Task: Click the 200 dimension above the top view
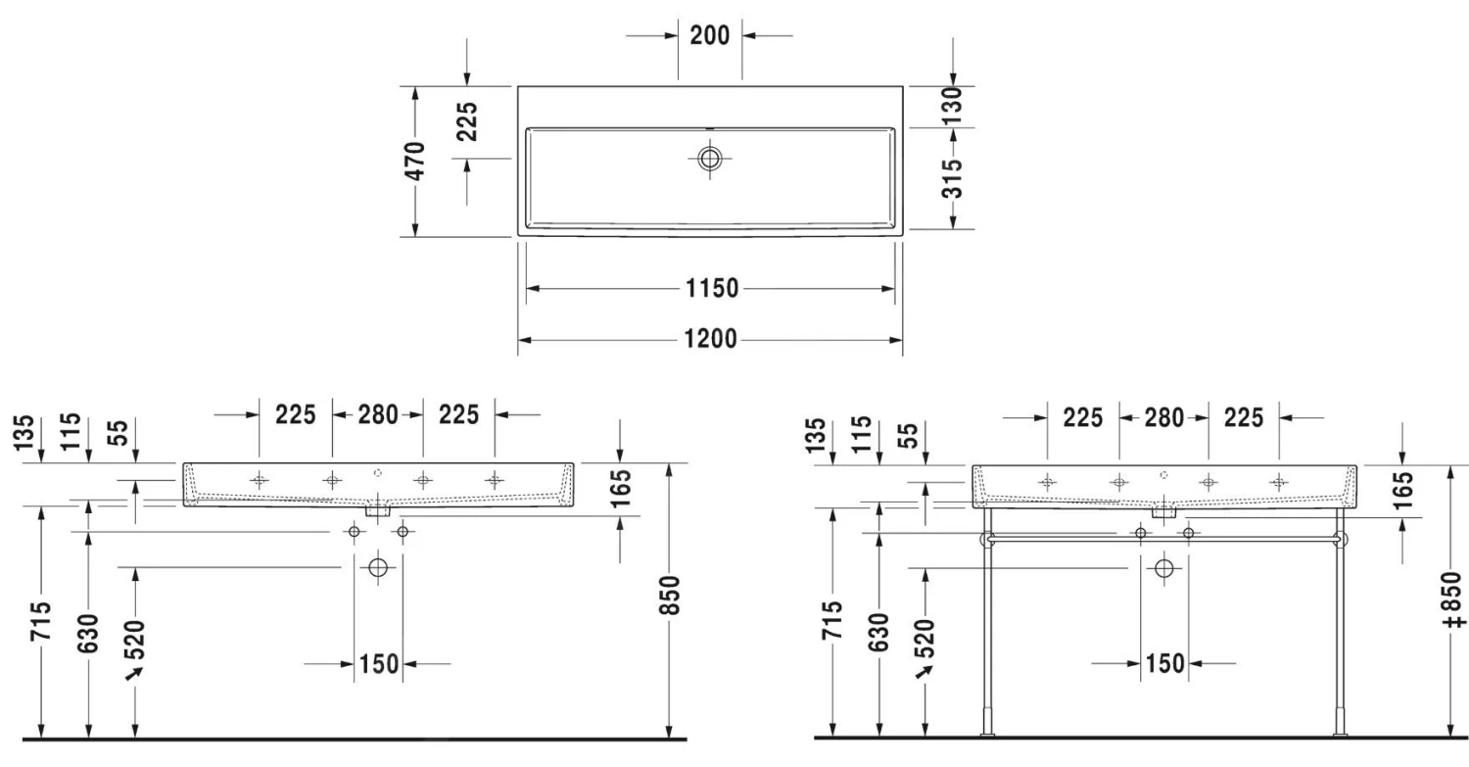710,35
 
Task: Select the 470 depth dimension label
414,161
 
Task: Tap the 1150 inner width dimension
712,288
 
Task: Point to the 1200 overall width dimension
711,339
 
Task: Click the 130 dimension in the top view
952,106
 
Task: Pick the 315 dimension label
952,178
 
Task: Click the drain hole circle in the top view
710,158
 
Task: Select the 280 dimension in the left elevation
378,414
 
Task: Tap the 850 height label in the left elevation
670,596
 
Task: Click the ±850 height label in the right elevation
1453,599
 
